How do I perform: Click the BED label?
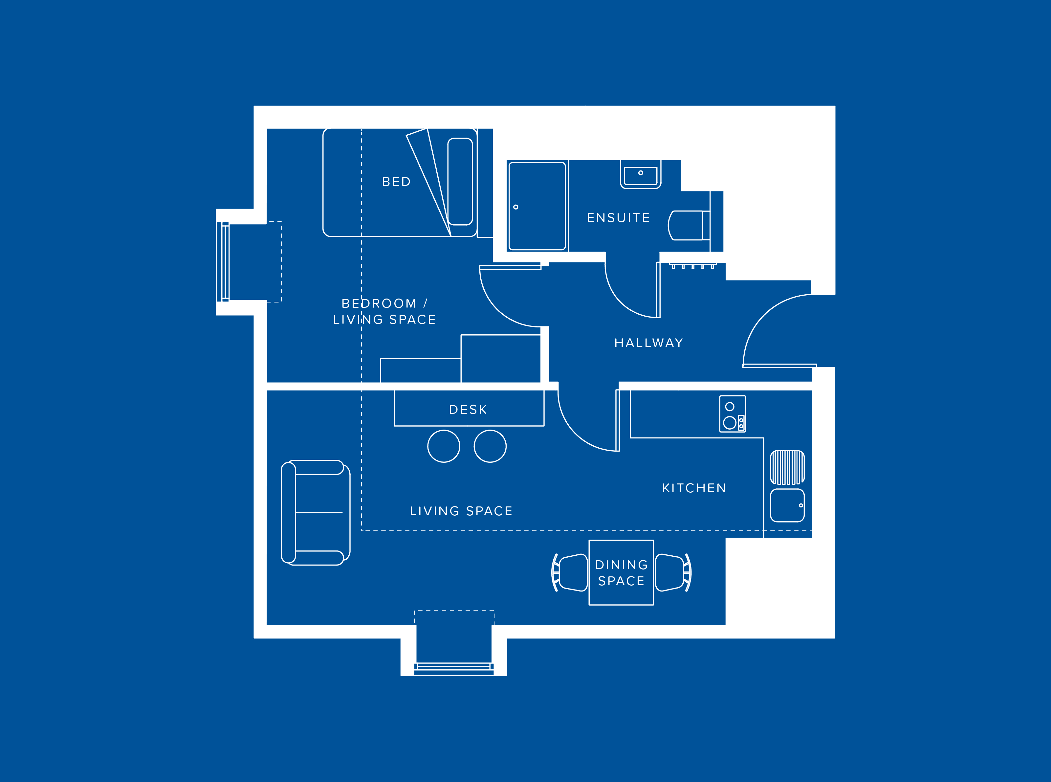(396, 182)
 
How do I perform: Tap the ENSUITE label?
(618, 218)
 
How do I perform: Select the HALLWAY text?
(648, 343)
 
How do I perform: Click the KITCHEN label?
(694, 488)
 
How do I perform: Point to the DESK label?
(468, 410)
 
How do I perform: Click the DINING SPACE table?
(621, 572)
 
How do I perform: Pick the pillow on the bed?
(460, 182)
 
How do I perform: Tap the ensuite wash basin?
(640, 175)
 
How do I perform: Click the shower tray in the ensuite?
(537, 206)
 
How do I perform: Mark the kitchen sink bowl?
(787, 505)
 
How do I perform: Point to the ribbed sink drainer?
(787, 467)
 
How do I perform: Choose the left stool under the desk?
(443, 446)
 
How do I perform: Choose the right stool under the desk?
(490, 446)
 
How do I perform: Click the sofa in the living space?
(315, 512)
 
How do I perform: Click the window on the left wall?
(225, 262)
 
